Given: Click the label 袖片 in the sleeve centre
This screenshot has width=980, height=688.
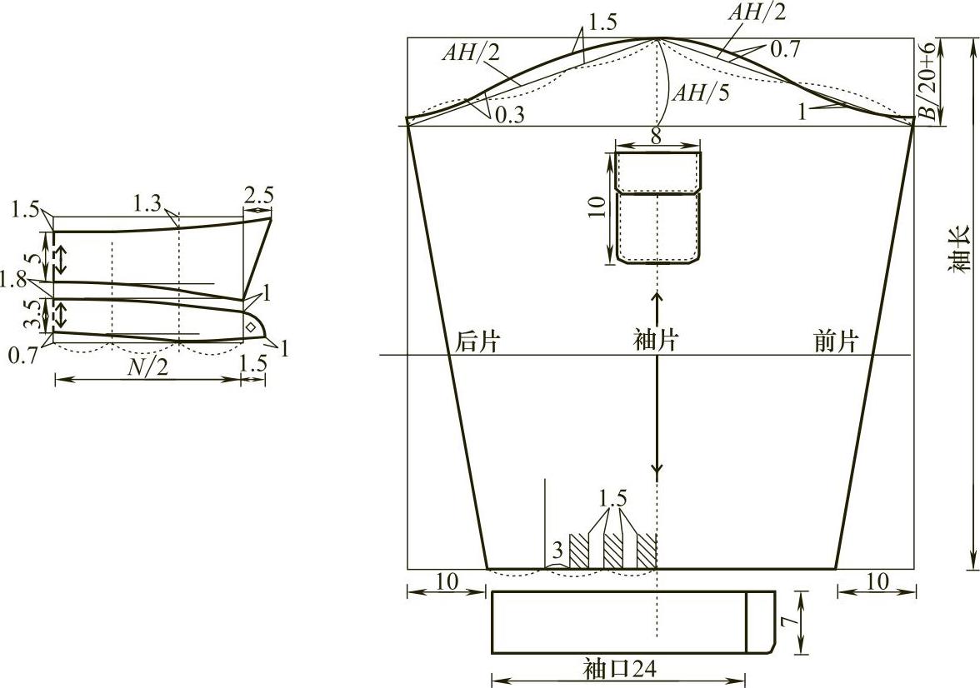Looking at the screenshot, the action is coord(656,340).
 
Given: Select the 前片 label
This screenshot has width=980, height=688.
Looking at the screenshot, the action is coord(837,342).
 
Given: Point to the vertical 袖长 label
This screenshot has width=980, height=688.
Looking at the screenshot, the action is coord(962,249).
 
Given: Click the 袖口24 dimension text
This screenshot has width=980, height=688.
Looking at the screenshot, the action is coord(620,669).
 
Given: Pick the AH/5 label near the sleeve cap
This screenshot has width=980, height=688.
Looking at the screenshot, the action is coord(701,93).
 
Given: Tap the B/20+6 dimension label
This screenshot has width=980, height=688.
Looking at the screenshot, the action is coord(931,82).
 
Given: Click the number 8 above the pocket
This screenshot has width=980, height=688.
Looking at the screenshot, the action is coord(656,137).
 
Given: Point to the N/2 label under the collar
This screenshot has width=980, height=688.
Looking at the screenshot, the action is coord(148,367).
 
